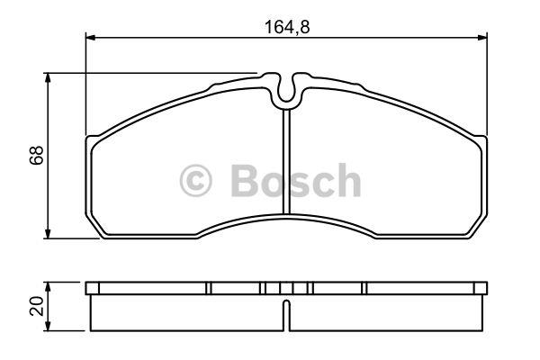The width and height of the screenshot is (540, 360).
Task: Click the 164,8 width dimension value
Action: (287, 27)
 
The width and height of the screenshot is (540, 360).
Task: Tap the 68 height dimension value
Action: (37, 155)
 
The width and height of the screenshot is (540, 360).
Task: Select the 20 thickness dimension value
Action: (37, 306)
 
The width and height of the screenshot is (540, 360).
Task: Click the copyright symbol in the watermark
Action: (195, 181)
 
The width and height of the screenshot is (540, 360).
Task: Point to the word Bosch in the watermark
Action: (296, 180)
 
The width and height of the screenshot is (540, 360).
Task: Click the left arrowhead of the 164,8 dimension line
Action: (90, 37)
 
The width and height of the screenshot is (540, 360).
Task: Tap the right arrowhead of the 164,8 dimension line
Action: (482, 37)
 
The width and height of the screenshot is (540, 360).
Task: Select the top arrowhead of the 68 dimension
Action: (48, 78)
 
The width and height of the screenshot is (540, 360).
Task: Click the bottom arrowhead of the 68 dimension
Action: (48, 233)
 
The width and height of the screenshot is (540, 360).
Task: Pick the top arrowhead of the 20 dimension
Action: (48, 287)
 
